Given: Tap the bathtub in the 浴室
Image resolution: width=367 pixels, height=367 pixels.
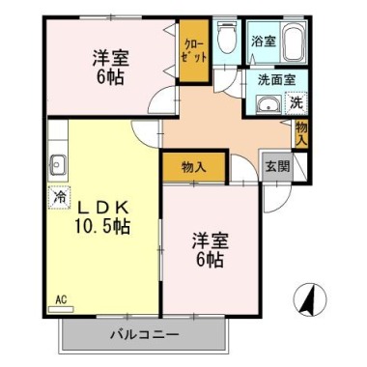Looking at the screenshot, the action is (x=295, y=42).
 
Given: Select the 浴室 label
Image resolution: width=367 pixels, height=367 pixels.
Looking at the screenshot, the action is (x=264, y=42).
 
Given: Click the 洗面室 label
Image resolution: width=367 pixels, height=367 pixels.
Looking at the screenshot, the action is (x=276, y=79).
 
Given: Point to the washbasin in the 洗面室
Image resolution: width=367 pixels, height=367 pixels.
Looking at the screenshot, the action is (x=268, y=104).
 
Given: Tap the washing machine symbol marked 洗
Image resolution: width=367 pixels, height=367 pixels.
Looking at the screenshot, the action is (x=296, y=102).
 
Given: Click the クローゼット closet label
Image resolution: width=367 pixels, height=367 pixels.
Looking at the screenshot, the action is (x=193, y=51).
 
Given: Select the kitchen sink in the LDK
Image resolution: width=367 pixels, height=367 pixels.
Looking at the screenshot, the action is (x=57, y=164).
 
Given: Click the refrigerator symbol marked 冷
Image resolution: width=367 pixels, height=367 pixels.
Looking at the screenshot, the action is (x=59, y=197).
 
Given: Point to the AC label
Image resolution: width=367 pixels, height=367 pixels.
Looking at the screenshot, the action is (x=61, y=300).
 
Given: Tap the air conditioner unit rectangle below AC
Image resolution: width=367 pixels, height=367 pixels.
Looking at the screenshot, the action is (x=61, y=309).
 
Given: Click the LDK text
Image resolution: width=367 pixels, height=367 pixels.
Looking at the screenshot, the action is (x=104, y=208).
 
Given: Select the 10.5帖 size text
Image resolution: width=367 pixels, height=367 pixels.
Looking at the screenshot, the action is (x=102, y=226).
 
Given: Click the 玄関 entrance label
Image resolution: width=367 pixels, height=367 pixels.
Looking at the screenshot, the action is (x=277, y=166).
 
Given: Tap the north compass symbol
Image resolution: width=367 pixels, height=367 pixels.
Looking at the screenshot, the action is (x=310, y=299).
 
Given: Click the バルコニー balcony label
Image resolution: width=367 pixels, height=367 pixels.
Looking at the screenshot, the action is (x=145, y=335).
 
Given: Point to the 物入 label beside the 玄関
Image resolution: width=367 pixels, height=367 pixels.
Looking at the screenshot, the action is (x=193, y=167).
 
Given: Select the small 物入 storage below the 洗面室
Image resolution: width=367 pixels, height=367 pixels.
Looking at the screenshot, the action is (x=301, y=134).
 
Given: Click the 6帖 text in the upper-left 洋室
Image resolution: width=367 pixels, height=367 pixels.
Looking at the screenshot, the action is (x=110, y=76).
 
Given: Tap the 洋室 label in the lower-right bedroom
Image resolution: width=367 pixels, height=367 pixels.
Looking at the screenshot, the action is (x=211, y=241).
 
